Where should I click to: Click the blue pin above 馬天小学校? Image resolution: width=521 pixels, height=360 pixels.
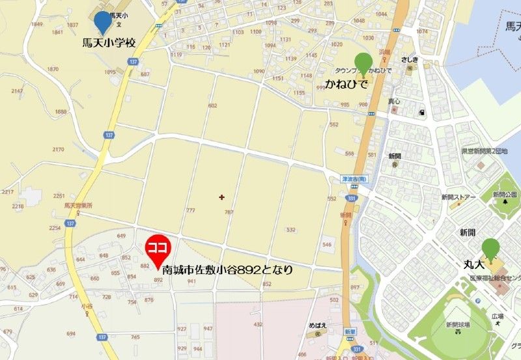coord(103,23)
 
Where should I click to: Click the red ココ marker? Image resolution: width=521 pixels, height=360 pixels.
coord(158,249)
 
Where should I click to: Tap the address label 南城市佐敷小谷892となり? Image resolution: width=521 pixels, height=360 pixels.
coord(227,269)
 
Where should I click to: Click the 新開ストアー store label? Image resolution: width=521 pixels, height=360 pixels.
coord(458,197)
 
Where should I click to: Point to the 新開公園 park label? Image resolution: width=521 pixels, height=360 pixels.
coord(504,195)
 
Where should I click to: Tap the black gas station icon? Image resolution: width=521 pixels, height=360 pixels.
coord(422,113)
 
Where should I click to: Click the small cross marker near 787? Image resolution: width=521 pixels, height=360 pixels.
coord(222,197)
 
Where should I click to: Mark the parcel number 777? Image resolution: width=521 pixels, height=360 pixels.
coord(190,210)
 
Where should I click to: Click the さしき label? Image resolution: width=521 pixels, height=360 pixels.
coord(410,60)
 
